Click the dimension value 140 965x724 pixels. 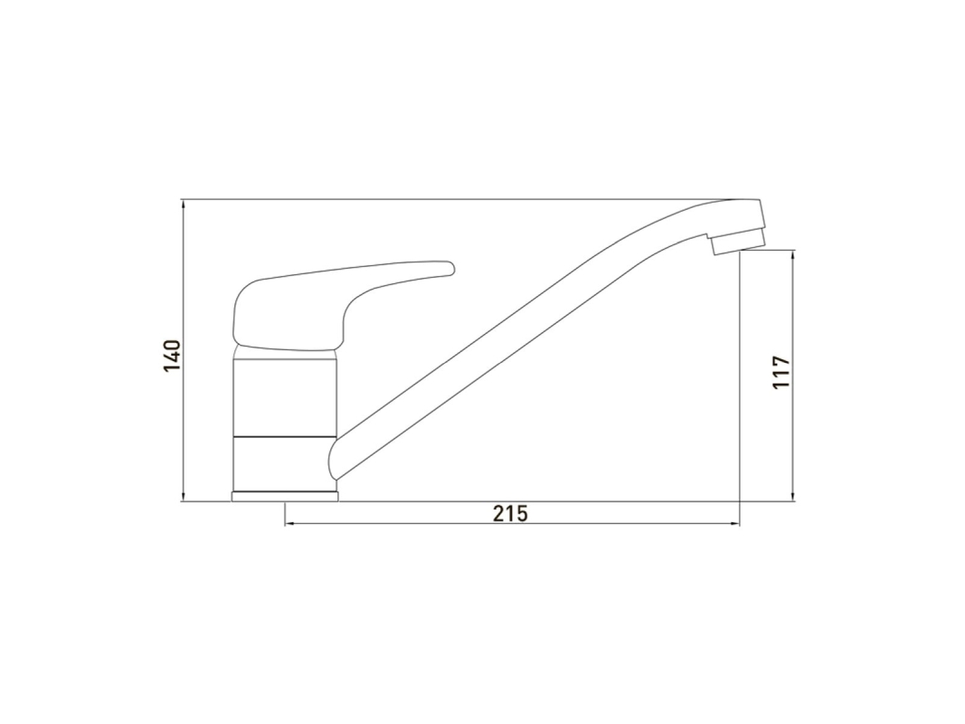172,356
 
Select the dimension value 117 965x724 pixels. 781,372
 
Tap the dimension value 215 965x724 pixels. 511,513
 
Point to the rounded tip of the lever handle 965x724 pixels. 451,268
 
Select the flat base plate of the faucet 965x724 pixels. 284,496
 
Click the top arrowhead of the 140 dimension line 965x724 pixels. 184,205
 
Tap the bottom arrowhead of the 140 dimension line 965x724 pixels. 184,496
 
